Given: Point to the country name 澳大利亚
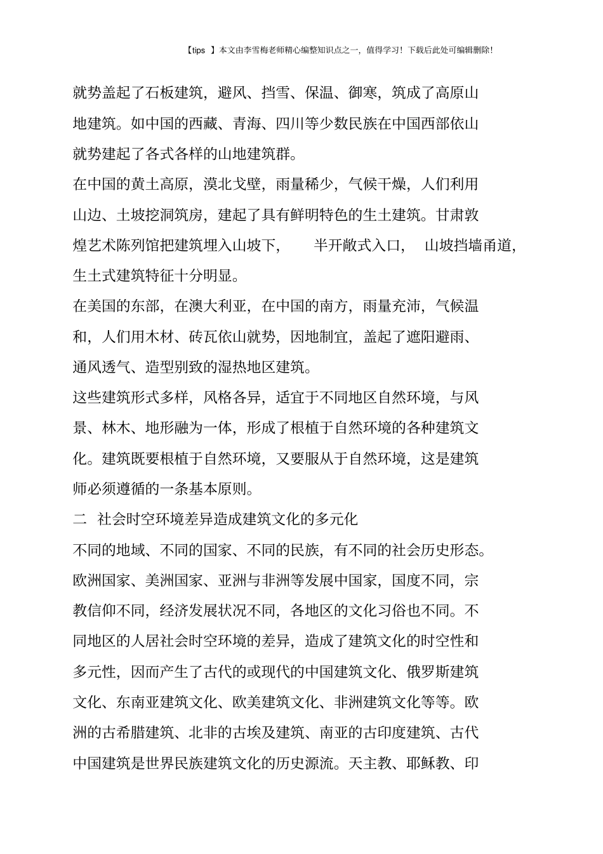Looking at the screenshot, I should pos(211,306).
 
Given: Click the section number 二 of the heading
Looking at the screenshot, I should pos(79,519).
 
